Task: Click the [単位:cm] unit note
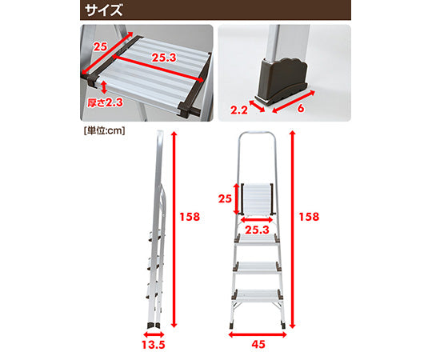click(104, 128)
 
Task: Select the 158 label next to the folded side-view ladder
click(190, 217)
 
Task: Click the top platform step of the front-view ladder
click(258, 198)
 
